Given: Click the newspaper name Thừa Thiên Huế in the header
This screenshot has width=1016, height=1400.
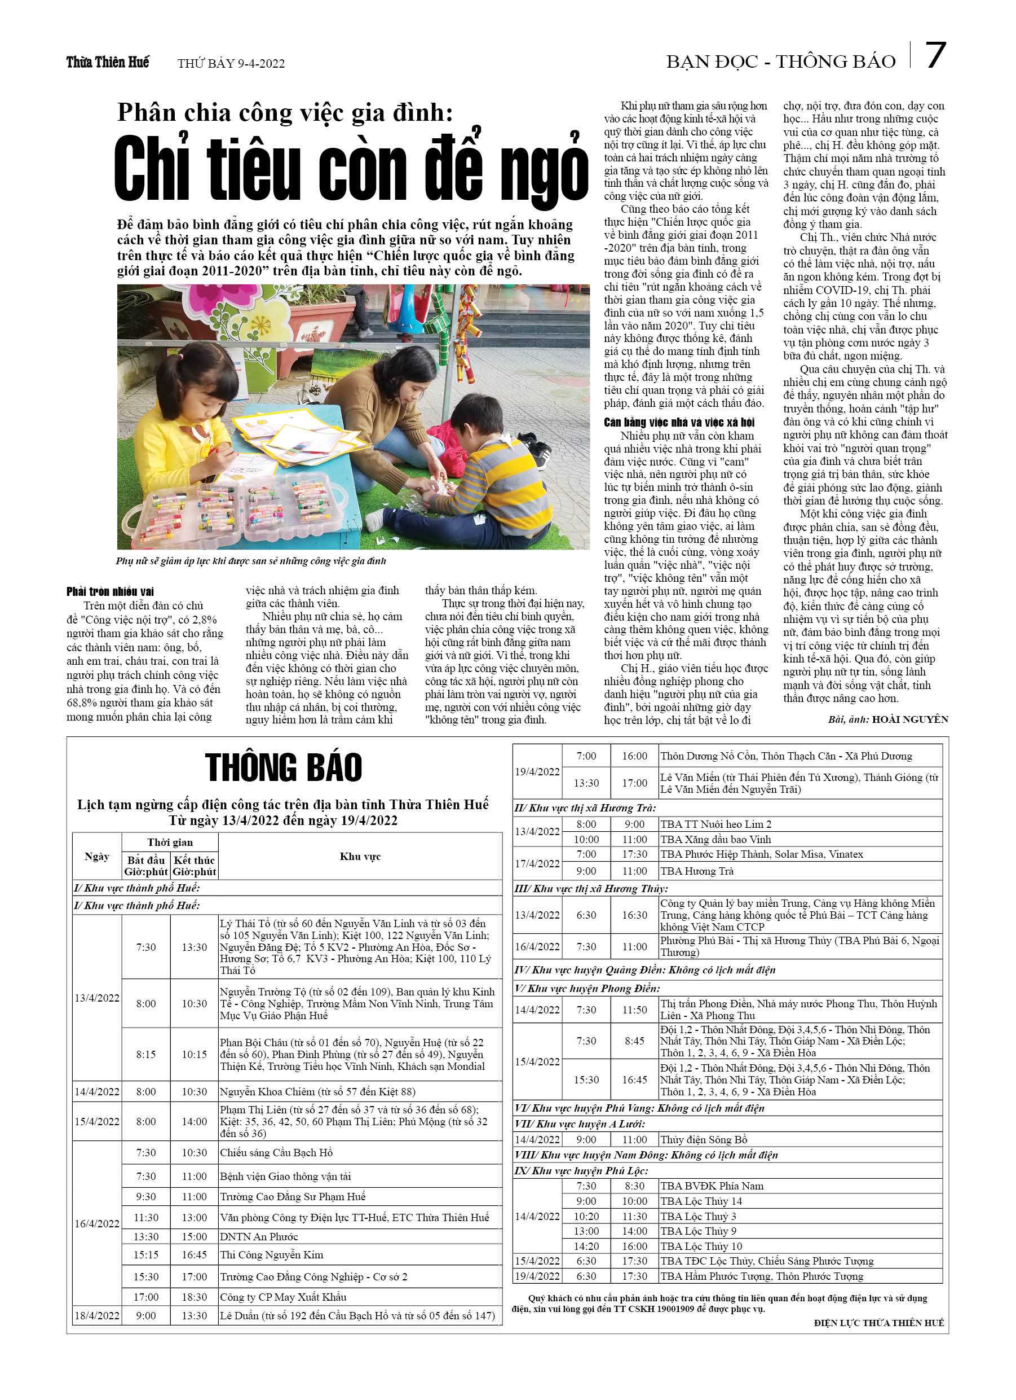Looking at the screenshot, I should (x=107, y=62).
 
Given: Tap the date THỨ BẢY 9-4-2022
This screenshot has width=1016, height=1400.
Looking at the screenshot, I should (x=231, y=64).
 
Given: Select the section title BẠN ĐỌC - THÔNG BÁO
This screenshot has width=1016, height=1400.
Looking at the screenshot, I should (x=780, y=62).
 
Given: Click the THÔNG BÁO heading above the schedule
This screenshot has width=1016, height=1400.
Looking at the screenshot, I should (x=283, y=767).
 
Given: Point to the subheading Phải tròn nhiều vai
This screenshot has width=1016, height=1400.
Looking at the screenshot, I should (x=110, y=591).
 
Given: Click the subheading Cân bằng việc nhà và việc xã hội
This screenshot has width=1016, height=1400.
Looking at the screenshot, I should (x=679, y=422).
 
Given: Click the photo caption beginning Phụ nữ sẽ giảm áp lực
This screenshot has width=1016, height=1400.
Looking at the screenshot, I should (x=250, y=561).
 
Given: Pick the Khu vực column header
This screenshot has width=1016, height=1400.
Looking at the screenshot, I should (x=360, y=856).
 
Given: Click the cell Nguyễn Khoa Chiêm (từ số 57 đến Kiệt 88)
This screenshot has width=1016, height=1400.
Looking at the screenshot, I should (x=317, y=1091).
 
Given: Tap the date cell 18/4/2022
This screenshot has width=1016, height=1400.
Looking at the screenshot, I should (x=97, y=1315).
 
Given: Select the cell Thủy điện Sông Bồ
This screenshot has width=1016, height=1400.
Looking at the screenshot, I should (x=703, y=1139).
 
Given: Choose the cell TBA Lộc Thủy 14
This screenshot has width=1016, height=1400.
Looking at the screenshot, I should (x=701, y=1201).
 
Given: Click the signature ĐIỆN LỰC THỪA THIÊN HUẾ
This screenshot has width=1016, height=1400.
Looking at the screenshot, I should (x=878, y=1322).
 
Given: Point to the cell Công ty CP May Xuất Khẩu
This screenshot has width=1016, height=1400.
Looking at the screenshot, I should (x=283, y=1297).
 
